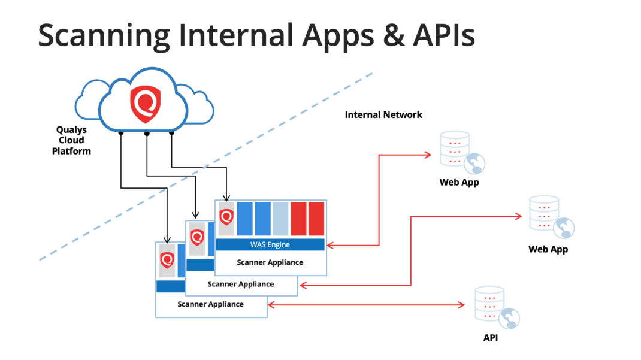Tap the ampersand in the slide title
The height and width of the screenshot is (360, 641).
coord(394,35)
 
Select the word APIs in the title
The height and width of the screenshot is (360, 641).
coord(444,35)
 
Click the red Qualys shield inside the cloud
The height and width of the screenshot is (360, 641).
coord(145,104)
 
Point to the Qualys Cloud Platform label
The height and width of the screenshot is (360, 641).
coord(71,140)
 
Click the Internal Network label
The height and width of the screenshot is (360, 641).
coord(383,115)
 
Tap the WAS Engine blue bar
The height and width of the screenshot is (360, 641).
coord(270,244)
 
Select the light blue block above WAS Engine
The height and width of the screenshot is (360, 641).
coord(280,219)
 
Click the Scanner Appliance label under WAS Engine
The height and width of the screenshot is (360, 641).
coord(270,262)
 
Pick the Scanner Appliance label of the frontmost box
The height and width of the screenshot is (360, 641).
coord(210,304)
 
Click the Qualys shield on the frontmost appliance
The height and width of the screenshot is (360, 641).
coord(167,260)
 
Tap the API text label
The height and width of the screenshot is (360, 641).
coord(491,338)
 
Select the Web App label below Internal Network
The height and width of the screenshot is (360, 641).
coord(459,182)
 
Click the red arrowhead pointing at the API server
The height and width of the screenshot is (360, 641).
coord(461,305)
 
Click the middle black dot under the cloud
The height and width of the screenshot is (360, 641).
coord(147,134)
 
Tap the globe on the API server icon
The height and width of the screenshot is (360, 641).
coord(509,318)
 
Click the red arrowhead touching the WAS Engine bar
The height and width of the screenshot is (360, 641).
coord(331,246)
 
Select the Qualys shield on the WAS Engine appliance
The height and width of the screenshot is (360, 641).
coord(226,217)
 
